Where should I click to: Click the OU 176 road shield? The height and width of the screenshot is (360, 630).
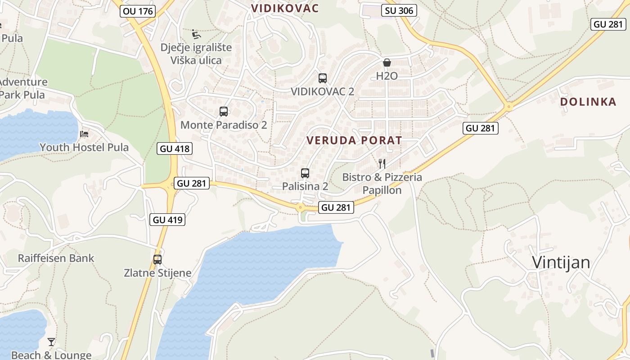(x=138, y=11)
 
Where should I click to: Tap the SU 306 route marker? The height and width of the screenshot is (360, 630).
(x=399, y=10)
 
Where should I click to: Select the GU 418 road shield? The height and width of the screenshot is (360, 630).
(x=175, y=148)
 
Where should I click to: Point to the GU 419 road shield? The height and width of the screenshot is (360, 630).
(x=167, y=220)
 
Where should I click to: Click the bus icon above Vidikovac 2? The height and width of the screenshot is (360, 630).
(x=322, y=78)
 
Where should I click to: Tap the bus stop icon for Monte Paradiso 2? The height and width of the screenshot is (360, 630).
(x=224, y=112)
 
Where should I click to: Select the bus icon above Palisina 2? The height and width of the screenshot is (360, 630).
(x=305, y=173)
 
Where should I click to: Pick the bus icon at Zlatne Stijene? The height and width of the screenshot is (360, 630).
(x=157, y=259)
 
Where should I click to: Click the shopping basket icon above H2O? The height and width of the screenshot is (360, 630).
(x=387, y=63)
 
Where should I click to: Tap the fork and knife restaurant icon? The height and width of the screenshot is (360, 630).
(x=382, y=163)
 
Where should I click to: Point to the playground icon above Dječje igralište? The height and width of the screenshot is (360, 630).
(x=196, y=34)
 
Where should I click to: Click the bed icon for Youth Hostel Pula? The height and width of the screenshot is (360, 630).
(x=84, y=134)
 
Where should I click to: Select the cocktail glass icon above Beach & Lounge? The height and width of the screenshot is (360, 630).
(x=51, y=342)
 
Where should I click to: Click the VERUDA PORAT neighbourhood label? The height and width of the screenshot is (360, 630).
(x=354, y=140)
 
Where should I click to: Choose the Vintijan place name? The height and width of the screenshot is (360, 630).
(x=561, y=262)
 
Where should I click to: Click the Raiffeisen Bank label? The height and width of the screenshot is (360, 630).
(x=56, y=258)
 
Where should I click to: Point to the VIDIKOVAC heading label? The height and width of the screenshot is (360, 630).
(x=285, y=8)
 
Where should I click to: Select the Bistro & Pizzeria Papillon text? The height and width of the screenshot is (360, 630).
(x=382, y=184)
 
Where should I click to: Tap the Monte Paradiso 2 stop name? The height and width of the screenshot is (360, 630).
(x=224, y=125)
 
